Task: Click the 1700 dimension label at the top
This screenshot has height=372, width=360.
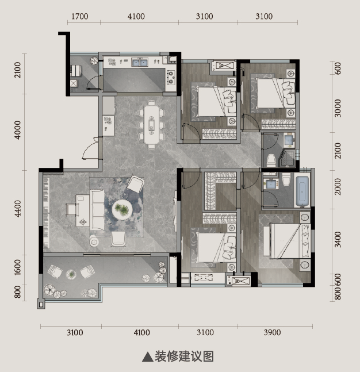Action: (x=80, y=16)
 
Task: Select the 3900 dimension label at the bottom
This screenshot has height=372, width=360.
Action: (x=272, y=332)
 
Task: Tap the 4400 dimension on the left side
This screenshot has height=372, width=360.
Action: (x=18, y=208)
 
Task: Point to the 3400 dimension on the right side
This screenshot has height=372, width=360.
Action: (x=338, y=240)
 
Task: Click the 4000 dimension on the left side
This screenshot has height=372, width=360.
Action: (x=18, y=130)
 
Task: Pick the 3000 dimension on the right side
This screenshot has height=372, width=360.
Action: (x=338, y=108)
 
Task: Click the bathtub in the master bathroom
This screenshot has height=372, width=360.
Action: (x=302, y=191)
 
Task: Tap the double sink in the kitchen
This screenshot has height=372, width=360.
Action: (x=140, y=63)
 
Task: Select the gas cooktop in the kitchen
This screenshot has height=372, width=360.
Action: (x=171, y=78)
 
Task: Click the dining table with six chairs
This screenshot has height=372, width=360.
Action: (x=151, y=125)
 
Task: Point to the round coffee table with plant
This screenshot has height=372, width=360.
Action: (x=122, y=209)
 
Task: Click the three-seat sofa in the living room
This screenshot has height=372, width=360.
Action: (x=97, y=210)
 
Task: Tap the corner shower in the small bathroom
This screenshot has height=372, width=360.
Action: (x=289, y=158)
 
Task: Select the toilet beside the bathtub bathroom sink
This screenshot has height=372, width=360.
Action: (x=286, y=179)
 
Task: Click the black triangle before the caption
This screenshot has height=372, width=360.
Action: (x=147, y=356)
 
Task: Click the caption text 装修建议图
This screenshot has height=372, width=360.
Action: (x=185, y=356)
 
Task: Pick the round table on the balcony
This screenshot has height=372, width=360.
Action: (x=71, y=274)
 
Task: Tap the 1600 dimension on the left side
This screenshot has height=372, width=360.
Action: (x=18, y=267)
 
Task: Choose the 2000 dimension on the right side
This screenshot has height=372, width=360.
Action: (x=338, y=186)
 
